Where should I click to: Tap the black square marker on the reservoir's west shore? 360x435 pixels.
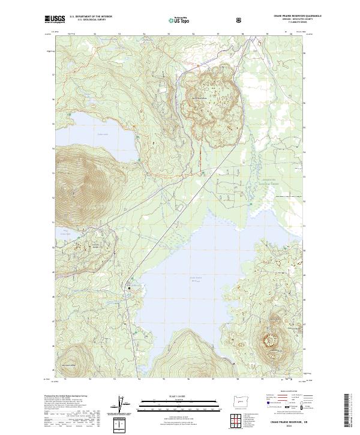pos(128,289)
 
